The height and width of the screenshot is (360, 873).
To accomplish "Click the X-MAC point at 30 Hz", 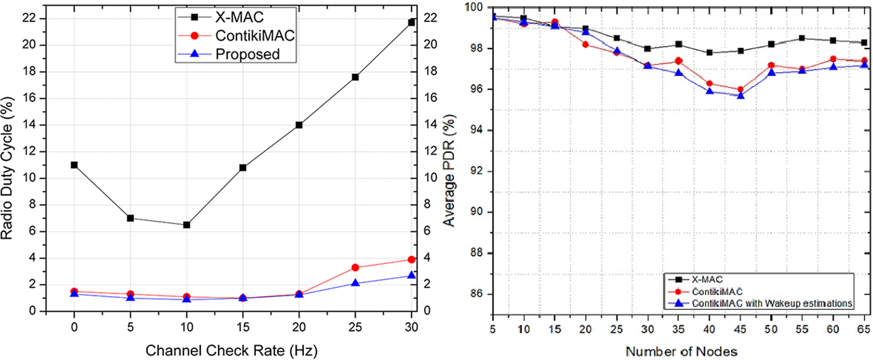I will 411,22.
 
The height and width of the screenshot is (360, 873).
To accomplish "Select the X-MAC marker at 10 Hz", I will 187,225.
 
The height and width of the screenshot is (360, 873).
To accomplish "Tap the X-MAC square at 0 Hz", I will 74,165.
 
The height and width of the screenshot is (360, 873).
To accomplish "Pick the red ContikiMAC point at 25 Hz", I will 355,268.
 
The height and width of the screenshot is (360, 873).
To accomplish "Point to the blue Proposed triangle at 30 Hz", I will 411,275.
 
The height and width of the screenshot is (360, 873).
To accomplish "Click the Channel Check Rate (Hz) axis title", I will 232,351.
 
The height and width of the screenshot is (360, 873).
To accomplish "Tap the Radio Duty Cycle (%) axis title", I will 7,168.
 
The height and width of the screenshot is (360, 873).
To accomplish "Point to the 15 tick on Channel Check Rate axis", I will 243,327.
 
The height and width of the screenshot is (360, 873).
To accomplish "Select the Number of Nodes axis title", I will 681,352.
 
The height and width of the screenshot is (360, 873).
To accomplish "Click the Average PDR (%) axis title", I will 449,170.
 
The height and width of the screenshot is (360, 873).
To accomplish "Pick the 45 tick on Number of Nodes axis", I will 740,329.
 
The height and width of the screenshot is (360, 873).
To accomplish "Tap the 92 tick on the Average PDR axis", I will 476,171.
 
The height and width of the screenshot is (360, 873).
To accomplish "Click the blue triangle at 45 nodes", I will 740,95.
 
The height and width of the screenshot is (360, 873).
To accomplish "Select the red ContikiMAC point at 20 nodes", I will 586,45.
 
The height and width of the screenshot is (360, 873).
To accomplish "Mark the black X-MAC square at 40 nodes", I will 709,53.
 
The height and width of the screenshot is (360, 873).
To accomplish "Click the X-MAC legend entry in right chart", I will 707,280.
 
